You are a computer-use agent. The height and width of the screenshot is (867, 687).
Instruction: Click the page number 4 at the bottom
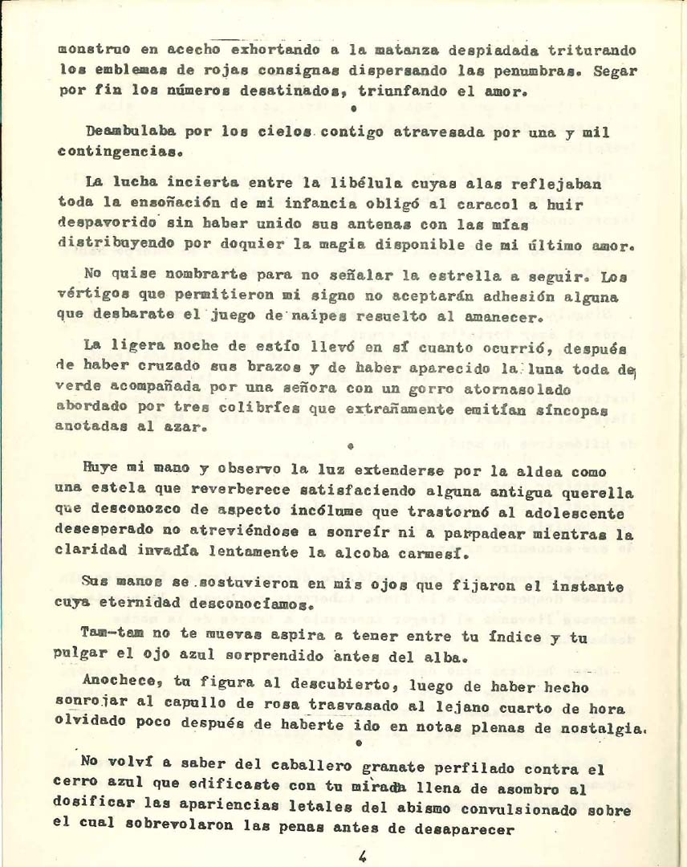pyautogui.click(x=363, y=856)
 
